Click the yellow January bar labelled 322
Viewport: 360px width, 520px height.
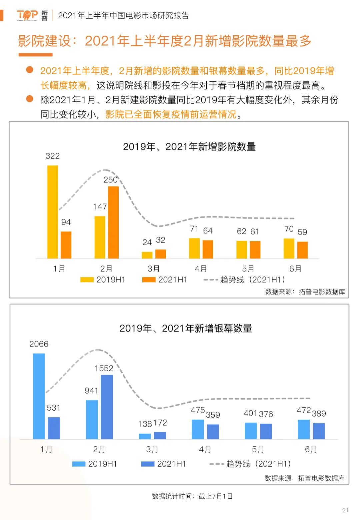coord(53,212)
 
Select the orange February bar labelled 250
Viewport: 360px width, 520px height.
coord(113,222)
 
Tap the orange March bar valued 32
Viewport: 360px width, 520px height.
coord(161,254)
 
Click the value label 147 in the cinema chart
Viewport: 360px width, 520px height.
coord(100,207)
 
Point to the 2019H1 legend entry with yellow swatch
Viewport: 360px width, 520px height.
coord(103,280)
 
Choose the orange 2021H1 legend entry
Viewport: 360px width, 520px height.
coord(165,280)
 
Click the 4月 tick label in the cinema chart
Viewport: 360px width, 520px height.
coord(201,269)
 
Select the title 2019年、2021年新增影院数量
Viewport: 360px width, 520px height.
coord(189,147)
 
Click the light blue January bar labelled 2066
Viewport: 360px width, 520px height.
coord(39,396)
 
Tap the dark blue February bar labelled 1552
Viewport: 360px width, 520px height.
coord(107,407)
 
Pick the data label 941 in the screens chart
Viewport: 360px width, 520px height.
coord(91,391)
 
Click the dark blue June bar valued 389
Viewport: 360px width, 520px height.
coord(319,431)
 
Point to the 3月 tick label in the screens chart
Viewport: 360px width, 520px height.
coord(152,449)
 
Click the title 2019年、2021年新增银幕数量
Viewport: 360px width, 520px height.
coord(186,329)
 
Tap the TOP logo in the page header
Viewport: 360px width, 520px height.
coord(27,15)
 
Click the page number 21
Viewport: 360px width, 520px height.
coord(345,510)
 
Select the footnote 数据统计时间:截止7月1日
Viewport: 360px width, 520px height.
coord(192,496)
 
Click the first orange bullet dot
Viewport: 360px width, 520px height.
coord(30,70)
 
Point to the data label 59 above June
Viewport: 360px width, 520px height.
coord(302,232)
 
